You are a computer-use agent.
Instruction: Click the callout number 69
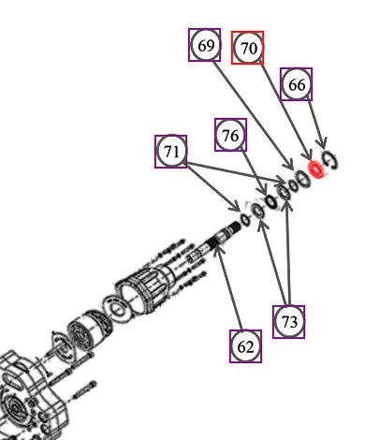(x=205, y=45)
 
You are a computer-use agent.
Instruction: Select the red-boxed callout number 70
(x=247, y=48)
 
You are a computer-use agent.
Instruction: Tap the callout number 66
(x=296, y=84)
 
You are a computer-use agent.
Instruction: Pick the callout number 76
(x=230, y=135)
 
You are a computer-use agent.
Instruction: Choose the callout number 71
(x=171, y=152)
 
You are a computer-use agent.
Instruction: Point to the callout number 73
(x=288, y=322)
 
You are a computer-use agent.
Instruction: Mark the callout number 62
(x=245, y=346)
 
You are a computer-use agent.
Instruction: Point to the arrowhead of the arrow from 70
(x=308, y=155)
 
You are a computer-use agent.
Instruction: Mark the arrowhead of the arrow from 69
(x=289, y=165)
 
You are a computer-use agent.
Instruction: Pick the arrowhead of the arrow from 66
(x=322, y=145)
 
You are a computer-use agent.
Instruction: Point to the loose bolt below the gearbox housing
(x=83, y=390)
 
